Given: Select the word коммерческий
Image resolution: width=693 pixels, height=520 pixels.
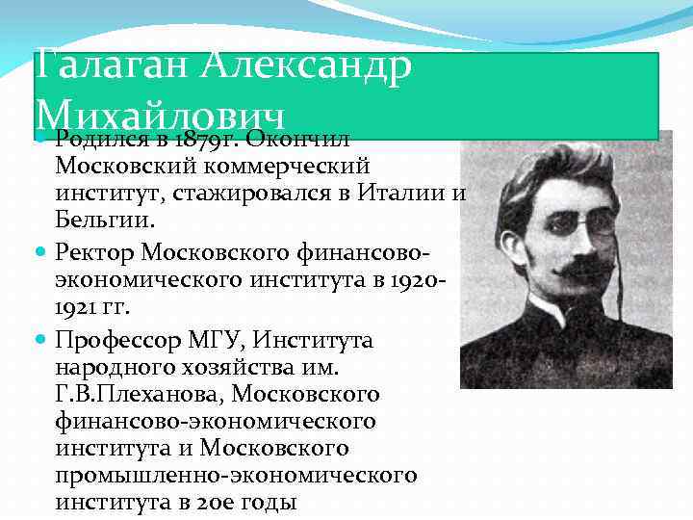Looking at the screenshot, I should (272, 167).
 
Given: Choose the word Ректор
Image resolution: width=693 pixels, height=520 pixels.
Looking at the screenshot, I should (95, 252).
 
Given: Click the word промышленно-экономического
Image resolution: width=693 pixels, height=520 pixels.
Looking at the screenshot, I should (236, 476).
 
